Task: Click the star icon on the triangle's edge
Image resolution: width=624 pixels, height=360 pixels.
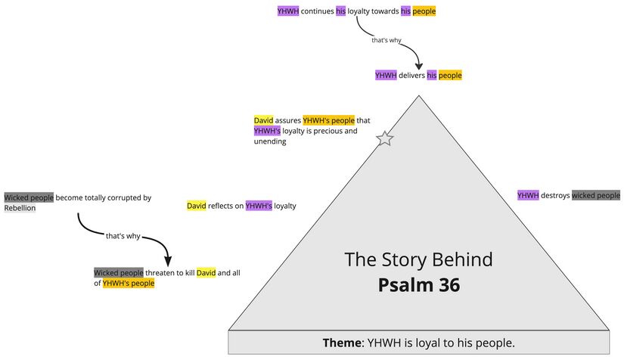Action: (385, 138)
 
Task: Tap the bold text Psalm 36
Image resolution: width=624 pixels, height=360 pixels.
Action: (419, 286)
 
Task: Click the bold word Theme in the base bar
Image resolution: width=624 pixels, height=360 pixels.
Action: (343, 343)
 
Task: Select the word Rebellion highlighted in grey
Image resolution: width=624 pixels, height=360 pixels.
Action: (20, 208)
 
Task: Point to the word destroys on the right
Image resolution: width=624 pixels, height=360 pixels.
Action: (555, 195)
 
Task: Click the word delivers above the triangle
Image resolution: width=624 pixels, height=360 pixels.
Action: (411, 75)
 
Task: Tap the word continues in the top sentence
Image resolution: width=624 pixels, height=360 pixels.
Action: (317, 11)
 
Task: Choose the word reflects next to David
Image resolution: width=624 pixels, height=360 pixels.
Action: (225, 206)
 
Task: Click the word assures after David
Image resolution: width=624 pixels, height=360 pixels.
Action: (287, 119)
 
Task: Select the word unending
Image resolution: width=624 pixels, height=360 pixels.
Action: (270, 141)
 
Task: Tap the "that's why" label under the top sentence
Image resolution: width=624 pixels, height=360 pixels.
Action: (386, 40)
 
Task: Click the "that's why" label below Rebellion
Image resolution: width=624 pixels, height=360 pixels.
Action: (123, 236)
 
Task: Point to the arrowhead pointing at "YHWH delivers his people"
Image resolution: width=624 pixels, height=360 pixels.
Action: (418, 66)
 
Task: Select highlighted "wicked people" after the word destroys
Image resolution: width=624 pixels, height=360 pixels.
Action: (595, 195)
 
